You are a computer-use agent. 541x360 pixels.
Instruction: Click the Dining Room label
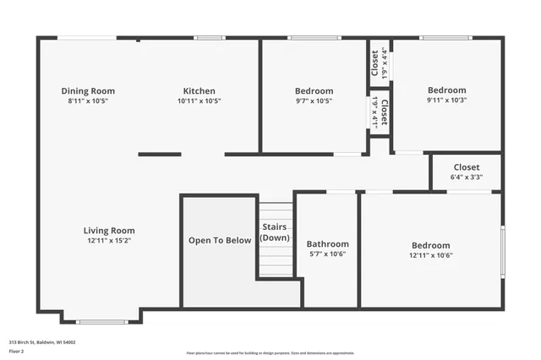88,91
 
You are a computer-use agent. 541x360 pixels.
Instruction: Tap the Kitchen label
199,91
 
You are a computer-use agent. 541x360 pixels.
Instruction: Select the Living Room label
109,231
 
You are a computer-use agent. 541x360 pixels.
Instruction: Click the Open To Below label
220,240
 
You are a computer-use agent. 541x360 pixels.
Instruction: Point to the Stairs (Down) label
275,232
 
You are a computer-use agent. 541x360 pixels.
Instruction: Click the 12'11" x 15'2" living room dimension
109,241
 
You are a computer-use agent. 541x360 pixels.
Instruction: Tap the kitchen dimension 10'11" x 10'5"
199,101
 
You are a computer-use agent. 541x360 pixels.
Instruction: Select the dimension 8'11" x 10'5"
88,101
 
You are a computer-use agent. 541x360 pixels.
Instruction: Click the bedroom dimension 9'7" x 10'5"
314,101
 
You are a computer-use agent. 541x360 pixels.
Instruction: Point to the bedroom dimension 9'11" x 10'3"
446,100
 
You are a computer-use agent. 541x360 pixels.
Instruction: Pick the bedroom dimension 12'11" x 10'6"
431,254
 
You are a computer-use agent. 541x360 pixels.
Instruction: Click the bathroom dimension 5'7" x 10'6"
327,254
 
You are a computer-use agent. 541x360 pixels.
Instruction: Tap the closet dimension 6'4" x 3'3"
467,177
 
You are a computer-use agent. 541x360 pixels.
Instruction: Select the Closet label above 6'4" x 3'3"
467,167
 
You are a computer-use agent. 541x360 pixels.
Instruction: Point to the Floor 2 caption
18,351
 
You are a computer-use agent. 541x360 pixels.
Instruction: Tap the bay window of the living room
101,321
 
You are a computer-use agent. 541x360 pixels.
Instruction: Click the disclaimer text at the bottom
270,352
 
